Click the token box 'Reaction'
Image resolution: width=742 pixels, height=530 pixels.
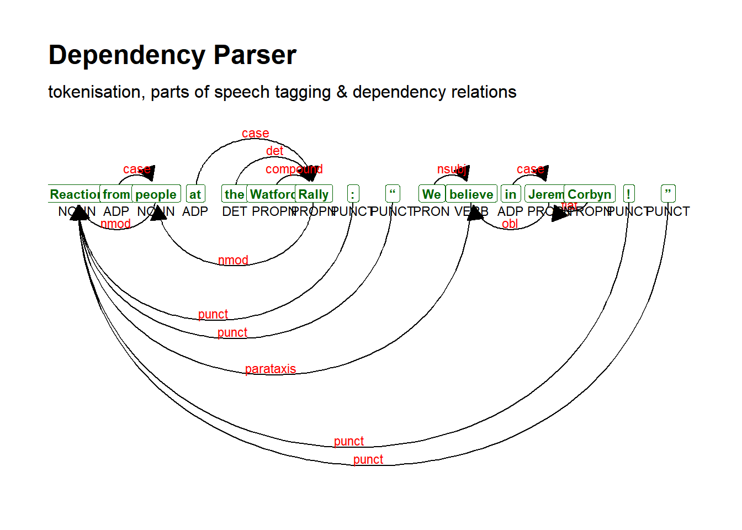click(x=74, y=194)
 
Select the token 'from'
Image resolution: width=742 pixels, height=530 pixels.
click(x=116, y=194)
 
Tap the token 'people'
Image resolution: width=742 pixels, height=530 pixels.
click(x=156, y=194)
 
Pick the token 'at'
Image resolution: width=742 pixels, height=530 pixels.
click(x=195, y=194)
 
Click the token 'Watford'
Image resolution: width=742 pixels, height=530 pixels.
click(x=271, y=194)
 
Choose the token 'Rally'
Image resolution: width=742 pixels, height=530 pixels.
click(x=314, y=194)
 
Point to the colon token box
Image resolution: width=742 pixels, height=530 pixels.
click(x=353, y=194)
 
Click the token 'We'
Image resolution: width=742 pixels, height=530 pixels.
click(x=431, y=194)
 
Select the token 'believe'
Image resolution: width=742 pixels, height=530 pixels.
click(x=471, y=194)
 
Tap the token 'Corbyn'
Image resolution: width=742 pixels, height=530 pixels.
click(x=589, y=194)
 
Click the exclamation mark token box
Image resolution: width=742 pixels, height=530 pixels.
click(x=628, y=194)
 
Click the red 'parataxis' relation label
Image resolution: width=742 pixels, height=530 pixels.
click(x=271, y=369)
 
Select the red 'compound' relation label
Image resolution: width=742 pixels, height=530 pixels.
click(x=294, y=169)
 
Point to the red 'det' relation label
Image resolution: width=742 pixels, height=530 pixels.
click(x=274, y=151)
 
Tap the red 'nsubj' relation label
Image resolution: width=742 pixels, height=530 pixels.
click(x=452, y=169)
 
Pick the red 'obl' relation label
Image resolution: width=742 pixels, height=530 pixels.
click(x=510, y=224)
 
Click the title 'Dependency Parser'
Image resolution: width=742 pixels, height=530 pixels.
click(x=172, y=55)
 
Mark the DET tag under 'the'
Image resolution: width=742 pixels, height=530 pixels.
click(x=234, y=211)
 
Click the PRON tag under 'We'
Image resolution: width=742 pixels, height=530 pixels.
click(x=431, y=211)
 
